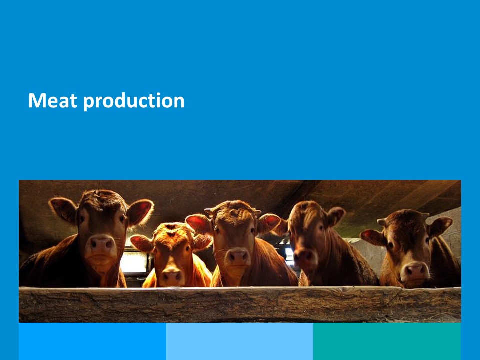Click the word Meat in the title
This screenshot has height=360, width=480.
(x=52, y=100)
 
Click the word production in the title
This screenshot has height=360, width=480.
(x=134, y=101)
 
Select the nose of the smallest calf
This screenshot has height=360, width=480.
(x=171, y=276)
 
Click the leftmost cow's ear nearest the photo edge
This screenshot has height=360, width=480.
(x=63, y=209)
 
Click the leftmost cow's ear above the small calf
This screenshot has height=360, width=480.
(x=140, y=212)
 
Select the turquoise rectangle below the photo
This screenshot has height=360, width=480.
(x=387, y=341)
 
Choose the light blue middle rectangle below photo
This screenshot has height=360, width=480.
(x=240, y=341)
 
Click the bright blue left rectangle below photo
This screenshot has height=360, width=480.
(x=93, y=341)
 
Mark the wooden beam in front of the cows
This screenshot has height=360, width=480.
(x=240, y=304)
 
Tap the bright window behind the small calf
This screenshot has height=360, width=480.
(x=134, y=262)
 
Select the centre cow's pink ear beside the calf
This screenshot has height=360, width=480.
(x=199, y=223)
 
